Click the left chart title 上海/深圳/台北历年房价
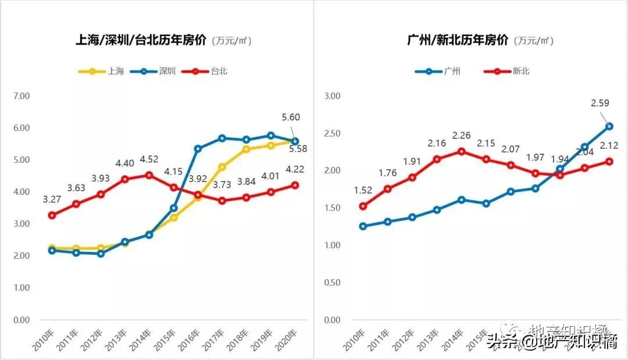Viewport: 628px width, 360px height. (x=142, y=40)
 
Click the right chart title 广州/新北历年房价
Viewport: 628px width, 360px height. (x=457, y=40)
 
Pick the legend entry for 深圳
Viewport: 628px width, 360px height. (x=152, y=72)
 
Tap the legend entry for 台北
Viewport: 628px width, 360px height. (x=204, y=72)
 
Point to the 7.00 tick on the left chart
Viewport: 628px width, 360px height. (x=22, y=96)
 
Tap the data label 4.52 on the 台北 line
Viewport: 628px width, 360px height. (x=149, y=158)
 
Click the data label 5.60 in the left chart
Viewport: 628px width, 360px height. (x=290, y=117)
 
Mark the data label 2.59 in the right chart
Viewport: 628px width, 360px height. (x=600, y=104)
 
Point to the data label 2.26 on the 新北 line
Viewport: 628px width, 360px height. (x=461, y=136)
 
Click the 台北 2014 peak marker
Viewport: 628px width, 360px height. (x=149, y=175)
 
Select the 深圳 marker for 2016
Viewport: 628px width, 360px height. (x=198, y=149)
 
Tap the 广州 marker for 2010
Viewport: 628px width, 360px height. (x=363, y=226)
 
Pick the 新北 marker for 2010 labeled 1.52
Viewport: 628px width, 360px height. (x=363, y=206)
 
